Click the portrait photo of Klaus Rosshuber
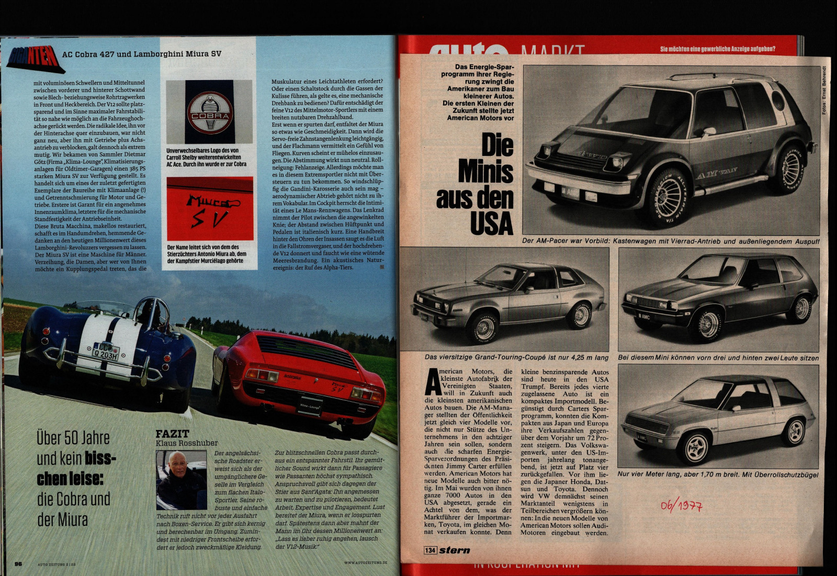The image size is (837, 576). point(182,480)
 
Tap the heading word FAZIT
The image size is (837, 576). point(172,434)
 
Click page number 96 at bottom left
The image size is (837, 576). point(18,563)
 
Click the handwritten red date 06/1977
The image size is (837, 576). point(681,505)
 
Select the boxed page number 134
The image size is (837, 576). point(430,550)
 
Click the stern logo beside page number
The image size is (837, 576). point(455,550)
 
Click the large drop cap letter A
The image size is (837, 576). point(433,382)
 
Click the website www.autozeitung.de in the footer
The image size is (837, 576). point(366,562)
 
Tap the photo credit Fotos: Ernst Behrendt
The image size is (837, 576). point(824,90)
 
